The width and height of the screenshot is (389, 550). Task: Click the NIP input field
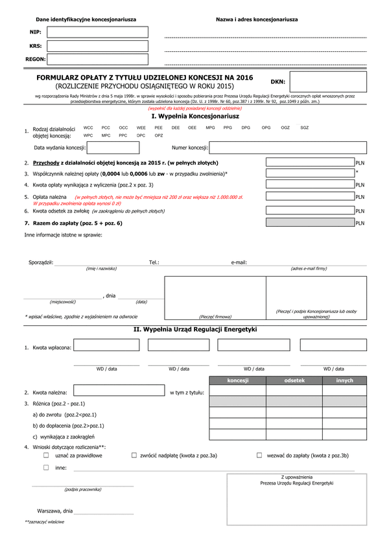point(97,32)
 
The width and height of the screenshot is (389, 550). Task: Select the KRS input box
point(97,45)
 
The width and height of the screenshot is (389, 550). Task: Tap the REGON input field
point(97,59)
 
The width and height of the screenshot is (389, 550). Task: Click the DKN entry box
point(328,82)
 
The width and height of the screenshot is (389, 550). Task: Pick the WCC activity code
point(88,128)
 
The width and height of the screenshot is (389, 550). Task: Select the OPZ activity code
point(158,136)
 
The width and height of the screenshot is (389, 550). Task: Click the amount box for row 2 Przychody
point(310,163)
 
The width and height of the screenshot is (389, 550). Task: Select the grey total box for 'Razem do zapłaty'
point(310,223)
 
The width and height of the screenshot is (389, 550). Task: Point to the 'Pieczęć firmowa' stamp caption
point(215,317)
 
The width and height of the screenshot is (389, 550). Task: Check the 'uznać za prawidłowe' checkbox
point(46,455)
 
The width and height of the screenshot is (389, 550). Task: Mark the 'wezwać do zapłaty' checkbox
point(259,455)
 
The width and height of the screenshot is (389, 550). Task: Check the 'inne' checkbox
point(46,467)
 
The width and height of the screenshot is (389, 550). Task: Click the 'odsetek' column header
point(294,381)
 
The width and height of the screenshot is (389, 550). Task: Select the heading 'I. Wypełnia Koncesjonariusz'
point(195,116)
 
